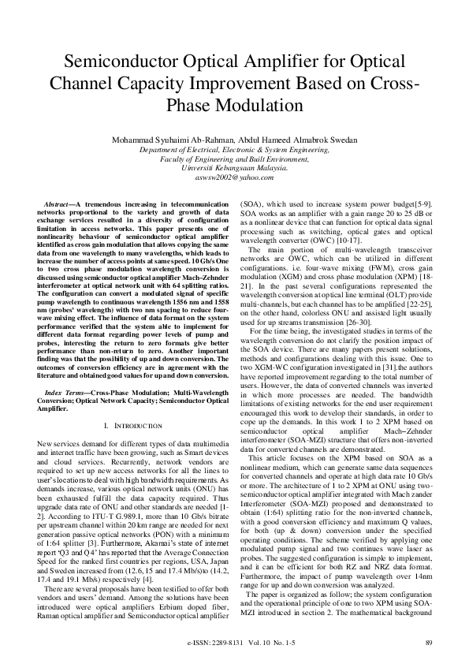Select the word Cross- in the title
[x=389, y=84]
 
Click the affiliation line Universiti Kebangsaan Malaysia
[x=234, y=169]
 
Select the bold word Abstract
[x=59, y=204]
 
